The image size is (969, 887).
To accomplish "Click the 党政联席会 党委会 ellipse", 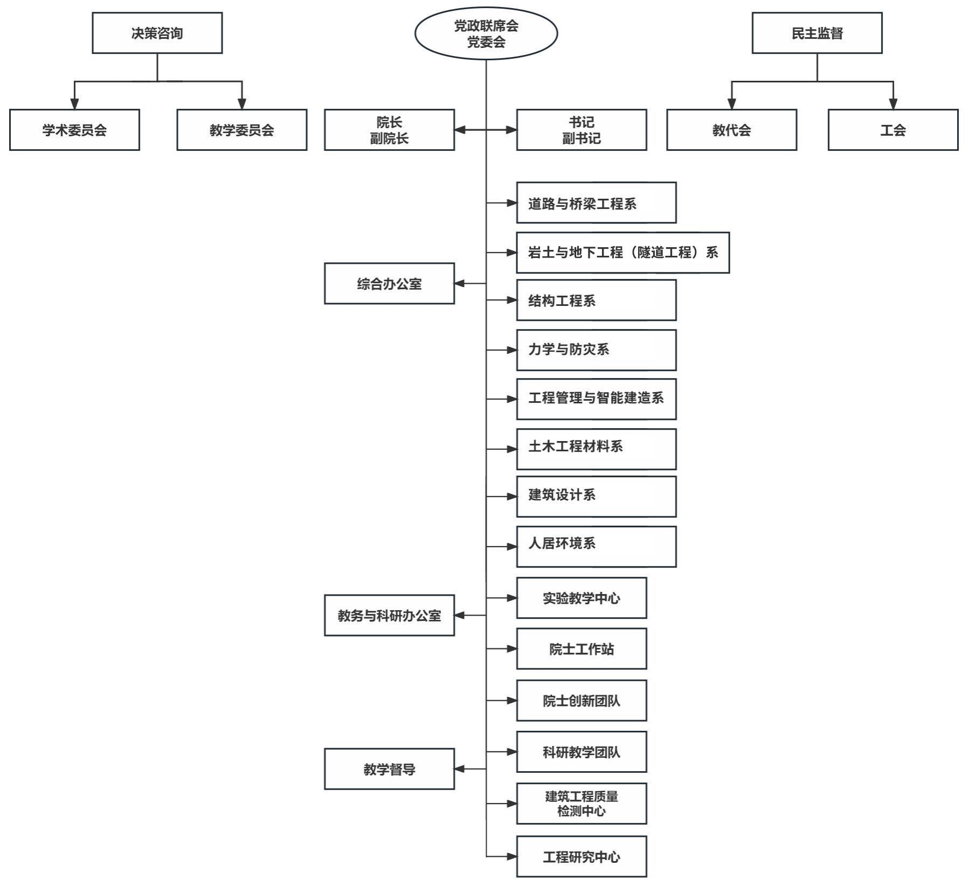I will [x=486, y=33].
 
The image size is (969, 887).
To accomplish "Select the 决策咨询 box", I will [x=157, y=33].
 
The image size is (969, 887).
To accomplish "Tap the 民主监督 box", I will [x=816, y=33].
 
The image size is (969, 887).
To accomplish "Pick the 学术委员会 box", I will [x=74, y=130].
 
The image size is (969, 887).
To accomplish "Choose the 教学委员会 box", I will [x=241, y=130].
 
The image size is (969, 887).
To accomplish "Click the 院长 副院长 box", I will [x=389, y=130].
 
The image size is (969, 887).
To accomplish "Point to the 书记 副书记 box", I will [x=581, y=130].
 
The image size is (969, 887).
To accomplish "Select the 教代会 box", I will [x=731, y=130].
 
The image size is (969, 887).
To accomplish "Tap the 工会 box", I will [x=892, y=130].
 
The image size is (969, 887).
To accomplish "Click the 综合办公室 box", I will [x=389, y=284].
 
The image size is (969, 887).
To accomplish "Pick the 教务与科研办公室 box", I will [x=389, y=615].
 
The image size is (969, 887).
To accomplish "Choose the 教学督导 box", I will [x=389, y=769].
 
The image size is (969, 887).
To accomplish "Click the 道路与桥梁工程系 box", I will [x=596, y=203].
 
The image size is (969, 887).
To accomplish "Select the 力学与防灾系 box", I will [x=596, y=350].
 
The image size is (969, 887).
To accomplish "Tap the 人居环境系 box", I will [x=596, y=547].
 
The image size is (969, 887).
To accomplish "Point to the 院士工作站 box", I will [x=581, y=649].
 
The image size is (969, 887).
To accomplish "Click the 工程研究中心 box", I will [x=581, y=856].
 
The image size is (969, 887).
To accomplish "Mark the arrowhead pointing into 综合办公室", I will [x=459, y=284].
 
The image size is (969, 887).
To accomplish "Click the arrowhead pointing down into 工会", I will [x=892, y=104].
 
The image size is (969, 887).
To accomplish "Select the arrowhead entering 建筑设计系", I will [x=511, y=497].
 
